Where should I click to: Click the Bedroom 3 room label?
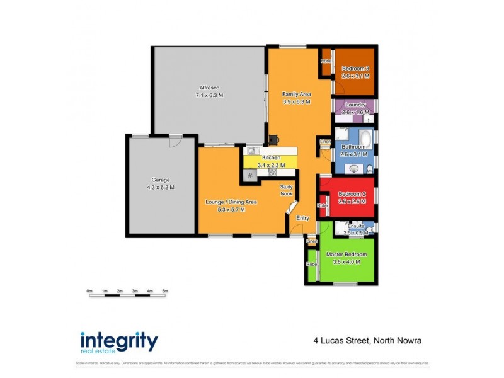355,69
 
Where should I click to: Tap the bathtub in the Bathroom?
365,138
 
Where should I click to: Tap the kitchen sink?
251,151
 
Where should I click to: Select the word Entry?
303,218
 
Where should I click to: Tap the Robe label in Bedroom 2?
323,205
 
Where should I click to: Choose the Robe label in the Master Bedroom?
311,265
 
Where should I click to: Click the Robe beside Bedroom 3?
326,60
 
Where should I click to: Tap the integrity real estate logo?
119,341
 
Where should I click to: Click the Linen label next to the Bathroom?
324,142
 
